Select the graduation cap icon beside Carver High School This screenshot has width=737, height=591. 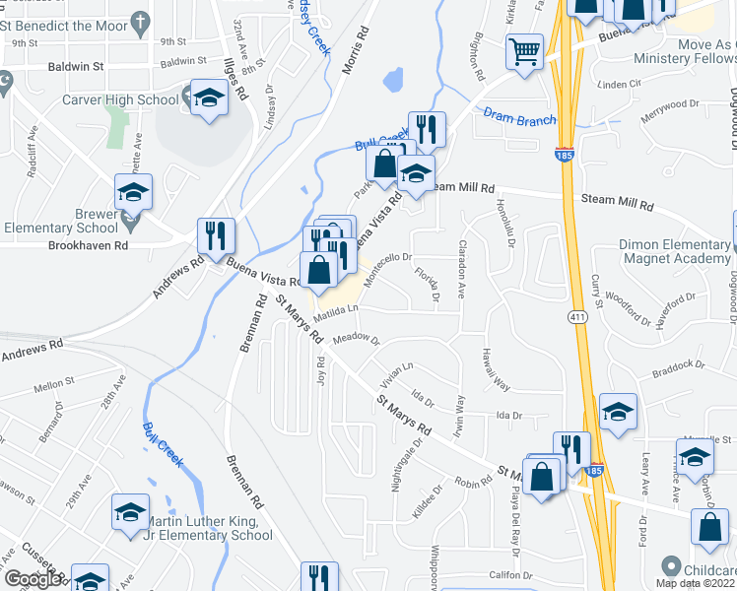point(208,98)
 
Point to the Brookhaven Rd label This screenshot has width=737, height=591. point(86,245)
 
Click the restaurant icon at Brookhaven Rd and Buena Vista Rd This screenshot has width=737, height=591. point(216,235)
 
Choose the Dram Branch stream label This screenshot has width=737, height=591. point(520,118)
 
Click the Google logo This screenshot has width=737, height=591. point(33,579)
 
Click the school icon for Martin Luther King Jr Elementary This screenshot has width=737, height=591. point(129,512)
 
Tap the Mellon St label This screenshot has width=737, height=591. point(54,387)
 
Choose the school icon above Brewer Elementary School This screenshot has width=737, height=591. point(133,192)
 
